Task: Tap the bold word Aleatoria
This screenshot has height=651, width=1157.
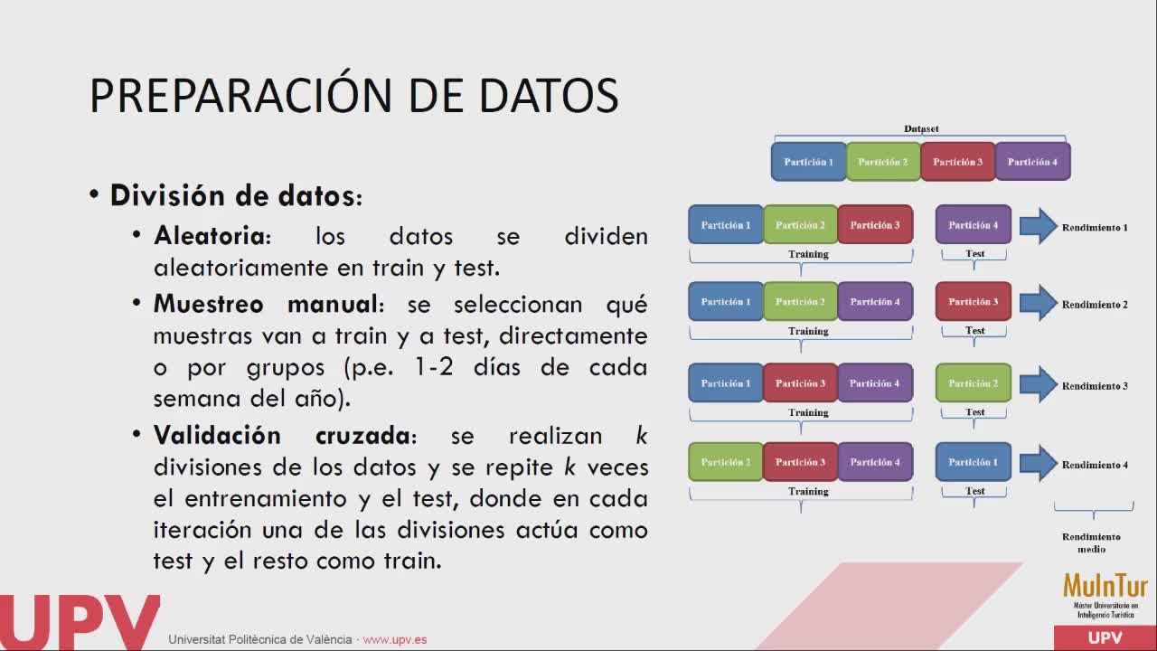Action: pos(210,236)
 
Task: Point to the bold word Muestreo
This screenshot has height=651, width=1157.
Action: pos(209,303)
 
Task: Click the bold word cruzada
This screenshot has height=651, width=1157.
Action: pos(362,435)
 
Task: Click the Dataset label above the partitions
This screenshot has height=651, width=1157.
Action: pos(921,128)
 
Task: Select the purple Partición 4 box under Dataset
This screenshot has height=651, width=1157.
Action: pos(1032,162)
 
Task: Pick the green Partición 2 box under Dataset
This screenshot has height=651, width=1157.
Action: pos(883,162)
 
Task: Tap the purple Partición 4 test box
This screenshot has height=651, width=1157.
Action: pos(974,225)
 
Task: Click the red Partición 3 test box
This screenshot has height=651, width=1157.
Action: pos(974,301)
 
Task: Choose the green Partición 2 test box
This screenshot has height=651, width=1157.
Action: pos(974,382)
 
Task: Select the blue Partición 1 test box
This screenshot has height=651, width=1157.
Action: pos(974,462)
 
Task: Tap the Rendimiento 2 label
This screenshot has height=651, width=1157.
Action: pos(1095,305)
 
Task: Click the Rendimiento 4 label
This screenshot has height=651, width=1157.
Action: pos(1095,465)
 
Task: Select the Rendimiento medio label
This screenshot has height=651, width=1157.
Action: pos(1091,543)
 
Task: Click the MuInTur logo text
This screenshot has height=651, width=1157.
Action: pos(1105,587)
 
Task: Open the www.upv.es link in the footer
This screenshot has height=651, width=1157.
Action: pos(395,639)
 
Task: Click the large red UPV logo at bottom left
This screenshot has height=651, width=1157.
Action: pos(80,623)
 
